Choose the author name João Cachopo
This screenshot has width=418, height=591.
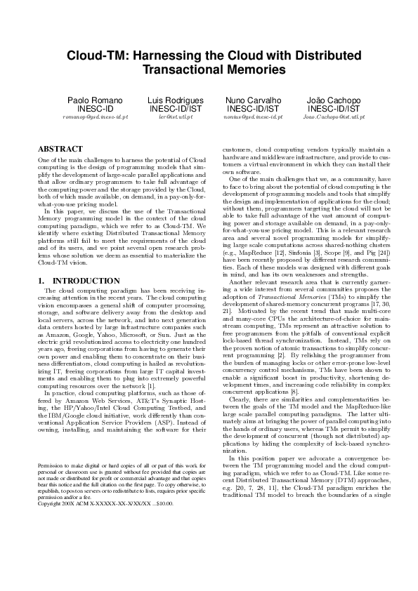pos(334,100)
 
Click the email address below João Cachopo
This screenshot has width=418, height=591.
pos(334,117)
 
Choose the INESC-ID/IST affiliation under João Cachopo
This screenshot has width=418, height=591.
pos(334,109)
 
